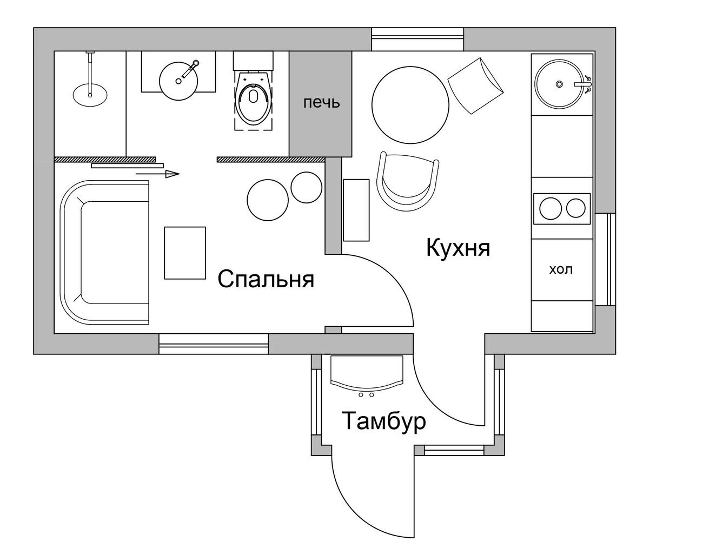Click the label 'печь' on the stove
click(x=321, y=103)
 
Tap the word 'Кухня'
click(x=458, y=248)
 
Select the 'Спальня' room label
click(x=266, y=279)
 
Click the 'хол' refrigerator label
click(x=561, y=269)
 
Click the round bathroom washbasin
click(x=178, y=81)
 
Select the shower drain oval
click(x=90, y=94)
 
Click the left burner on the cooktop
click(x=551, y=208)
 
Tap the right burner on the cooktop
click(x=576, y=208)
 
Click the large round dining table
click(x=410, y=105)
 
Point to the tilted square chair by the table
click(x=476, y=86)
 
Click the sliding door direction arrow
click(x=157, y=174)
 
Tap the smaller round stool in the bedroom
click(x=306, y=187)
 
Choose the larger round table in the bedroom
click(x=268, y=200)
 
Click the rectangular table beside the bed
click(x=184, y=253)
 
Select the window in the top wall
click(x=417, y=39)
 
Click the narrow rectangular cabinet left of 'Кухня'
click(x=356, y=210)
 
